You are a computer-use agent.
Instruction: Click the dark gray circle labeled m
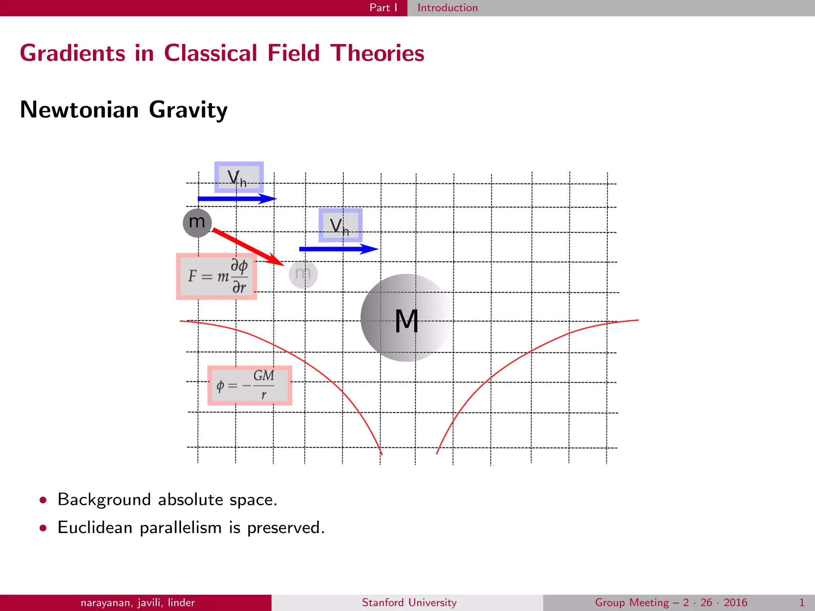coord(197,223)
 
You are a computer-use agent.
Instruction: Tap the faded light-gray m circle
coord(303,274)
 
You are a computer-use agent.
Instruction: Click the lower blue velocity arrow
coord(338,249)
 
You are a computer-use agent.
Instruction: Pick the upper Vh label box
coord(239,177)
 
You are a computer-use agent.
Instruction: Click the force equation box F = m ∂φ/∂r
coord(216,276)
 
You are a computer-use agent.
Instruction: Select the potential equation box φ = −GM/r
coord(250,385)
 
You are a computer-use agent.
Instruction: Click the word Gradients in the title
coord(72,53)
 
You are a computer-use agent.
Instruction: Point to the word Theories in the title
coord(377,53)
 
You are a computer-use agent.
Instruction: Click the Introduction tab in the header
coord(447,8)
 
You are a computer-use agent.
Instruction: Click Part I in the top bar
coord(383,8)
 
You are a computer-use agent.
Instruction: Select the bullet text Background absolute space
coord(167,500)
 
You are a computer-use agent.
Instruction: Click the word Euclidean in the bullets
coord(95,527)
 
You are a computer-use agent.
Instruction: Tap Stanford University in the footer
coord(409,603)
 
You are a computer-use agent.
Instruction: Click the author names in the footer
coord(138,603)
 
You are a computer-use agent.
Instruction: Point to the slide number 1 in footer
coord(802,603)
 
